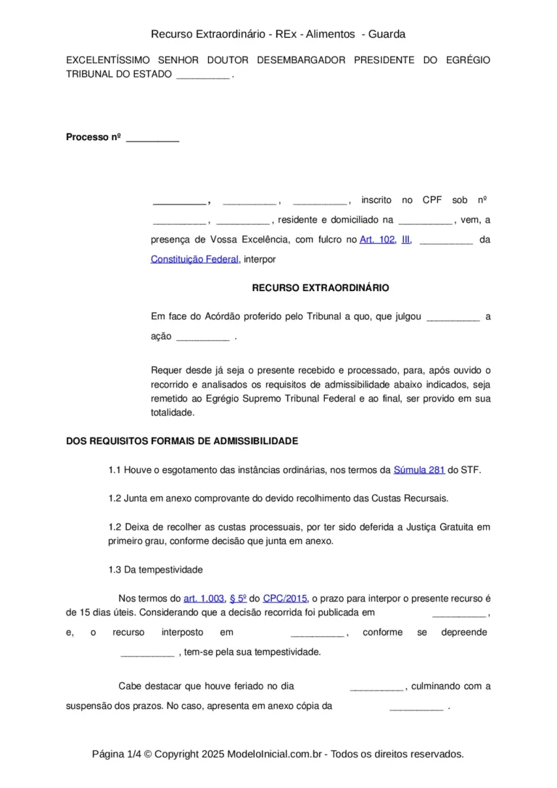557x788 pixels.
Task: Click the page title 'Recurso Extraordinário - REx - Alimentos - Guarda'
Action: [x=278, y=34]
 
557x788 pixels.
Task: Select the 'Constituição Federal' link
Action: [x=194, y=258]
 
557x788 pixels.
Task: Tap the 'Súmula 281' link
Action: [x=418, y=470]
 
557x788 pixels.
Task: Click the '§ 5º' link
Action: [x=238, y=599]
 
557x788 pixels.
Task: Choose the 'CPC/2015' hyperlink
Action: [x=285, y=599]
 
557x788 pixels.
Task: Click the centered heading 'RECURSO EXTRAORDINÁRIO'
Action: [x=320, y=288]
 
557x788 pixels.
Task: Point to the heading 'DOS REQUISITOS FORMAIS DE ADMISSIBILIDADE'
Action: [x=181, y=440]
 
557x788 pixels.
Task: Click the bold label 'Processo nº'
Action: [x=93, y=137]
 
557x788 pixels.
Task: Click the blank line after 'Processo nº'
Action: [x=152, y=138]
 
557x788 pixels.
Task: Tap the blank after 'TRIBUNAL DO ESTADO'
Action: [x=203, y=75]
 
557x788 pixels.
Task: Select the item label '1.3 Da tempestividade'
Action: [x=155, y=570]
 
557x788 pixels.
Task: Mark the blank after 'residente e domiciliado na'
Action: [x=425, y=221]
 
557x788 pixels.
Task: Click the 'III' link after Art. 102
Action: [x=405, y=239]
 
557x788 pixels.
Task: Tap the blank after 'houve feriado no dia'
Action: [x=376, y=686]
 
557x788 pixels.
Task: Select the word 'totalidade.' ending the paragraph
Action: [x=173, y=412]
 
